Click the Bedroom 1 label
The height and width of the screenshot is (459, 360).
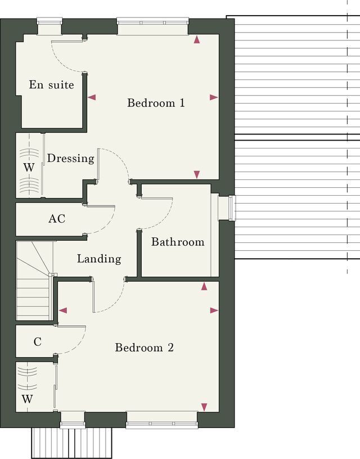click(156, 103)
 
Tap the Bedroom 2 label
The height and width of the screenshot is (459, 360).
click(145, 348)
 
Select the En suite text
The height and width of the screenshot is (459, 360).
click(52, 84)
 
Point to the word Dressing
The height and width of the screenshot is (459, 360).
click(70, 159)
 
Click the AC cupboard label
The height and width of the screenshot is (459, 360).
click(57, 219)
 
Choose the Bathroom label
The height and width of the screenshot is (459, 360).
click(178, 242)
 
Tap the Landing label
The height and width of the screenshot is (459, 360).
click(99, 259)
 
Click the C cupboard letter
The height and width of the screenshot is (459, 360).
click(38, 341)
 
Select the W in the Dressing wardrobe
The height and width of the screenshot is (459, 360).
click(29, 168)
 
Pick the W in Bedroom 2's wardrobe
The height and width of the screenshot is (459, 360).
click(27, 399)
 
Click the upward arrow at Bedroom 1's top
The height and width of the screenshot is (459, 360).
click(197, 40)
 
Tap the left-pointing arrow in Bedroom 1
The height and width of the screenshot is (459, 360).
click(92, 97)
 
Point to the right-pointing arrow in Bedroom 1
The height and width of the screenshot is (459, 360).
click(214, 97)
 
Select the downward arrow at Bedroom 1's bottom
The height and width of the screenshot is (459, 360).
click(197, 174)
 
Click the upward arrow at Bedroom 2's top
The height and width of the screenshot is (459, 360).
click(204, 286)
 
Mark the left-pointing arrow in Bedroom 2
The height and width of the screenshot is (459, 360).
click(63, 310)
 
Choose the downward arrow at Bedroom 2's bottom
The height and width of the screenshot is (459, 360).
click(204, 407)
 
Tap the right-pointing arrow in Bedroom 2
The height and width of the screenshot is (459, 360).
click(214, 310)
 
